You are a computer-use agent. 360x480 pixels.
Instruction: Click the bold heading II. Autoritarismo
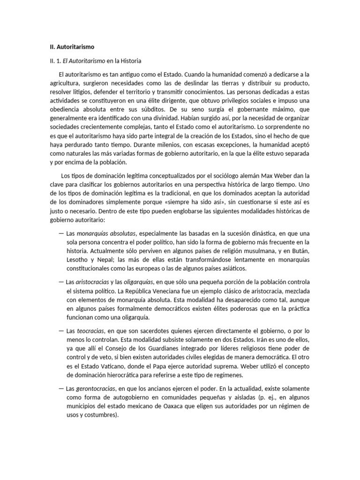72,47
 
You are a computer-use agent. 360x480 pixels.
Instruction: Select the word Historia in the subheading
130,61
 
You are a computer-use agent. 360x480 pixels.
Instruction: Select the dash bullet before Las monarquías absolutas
62,233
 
